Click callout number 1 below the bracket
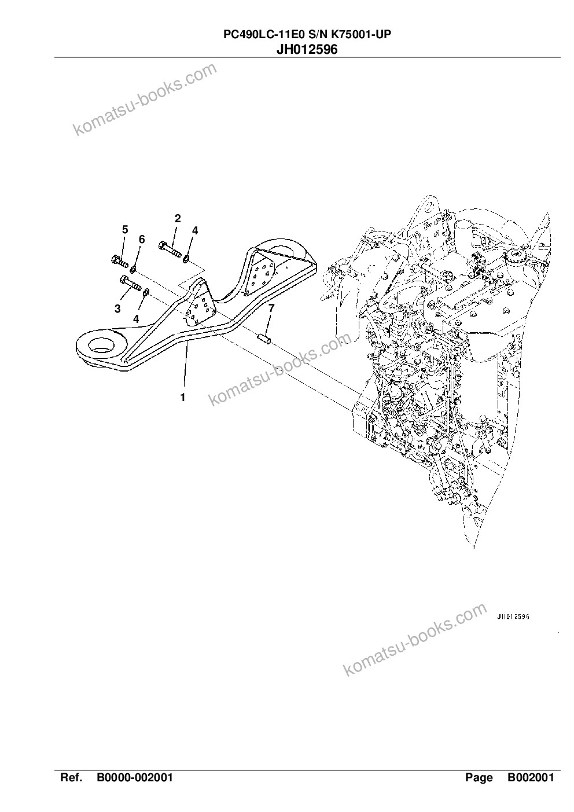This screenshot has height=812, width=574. (x=183, y=397)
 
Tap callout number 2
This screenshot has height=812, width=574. (x=178, y=218)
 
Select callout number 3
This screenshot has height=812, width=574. (x=117, y=308)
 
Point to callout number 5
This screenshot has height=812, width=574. (x=125, y=229)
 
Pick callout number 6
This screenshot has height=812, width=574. (x=142, y=239)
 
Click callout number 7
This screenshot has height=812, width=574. (x=271, y=308)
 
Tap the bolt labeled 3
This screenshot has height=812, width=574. (x=130, y=283)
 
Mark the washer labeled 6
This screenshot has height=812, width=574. (x=133, y=269)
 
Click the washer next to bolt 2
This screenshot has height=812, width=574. (x=186, y=259)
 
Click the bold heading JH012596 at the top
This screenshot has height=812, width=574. (x=307, y=49)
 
